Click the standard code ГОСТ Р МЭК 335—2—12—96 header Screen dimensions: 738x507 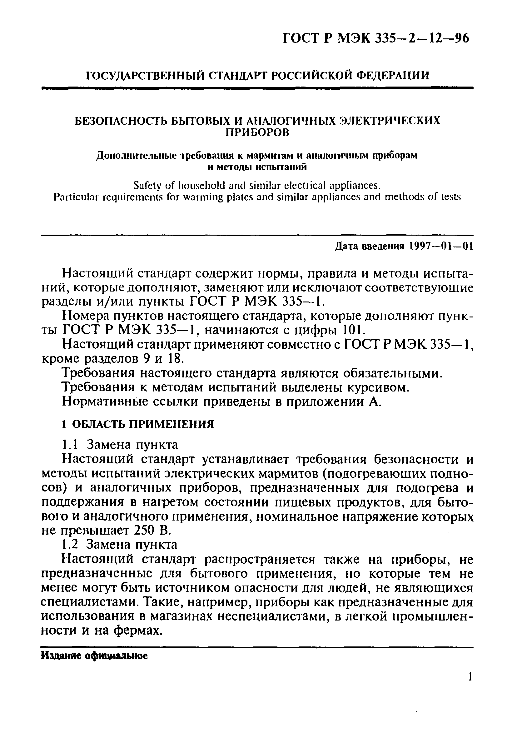(x=376, y=38)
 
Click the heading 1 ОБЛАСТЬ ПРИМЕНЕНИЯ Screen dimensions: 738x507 (x=138, y=424)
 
